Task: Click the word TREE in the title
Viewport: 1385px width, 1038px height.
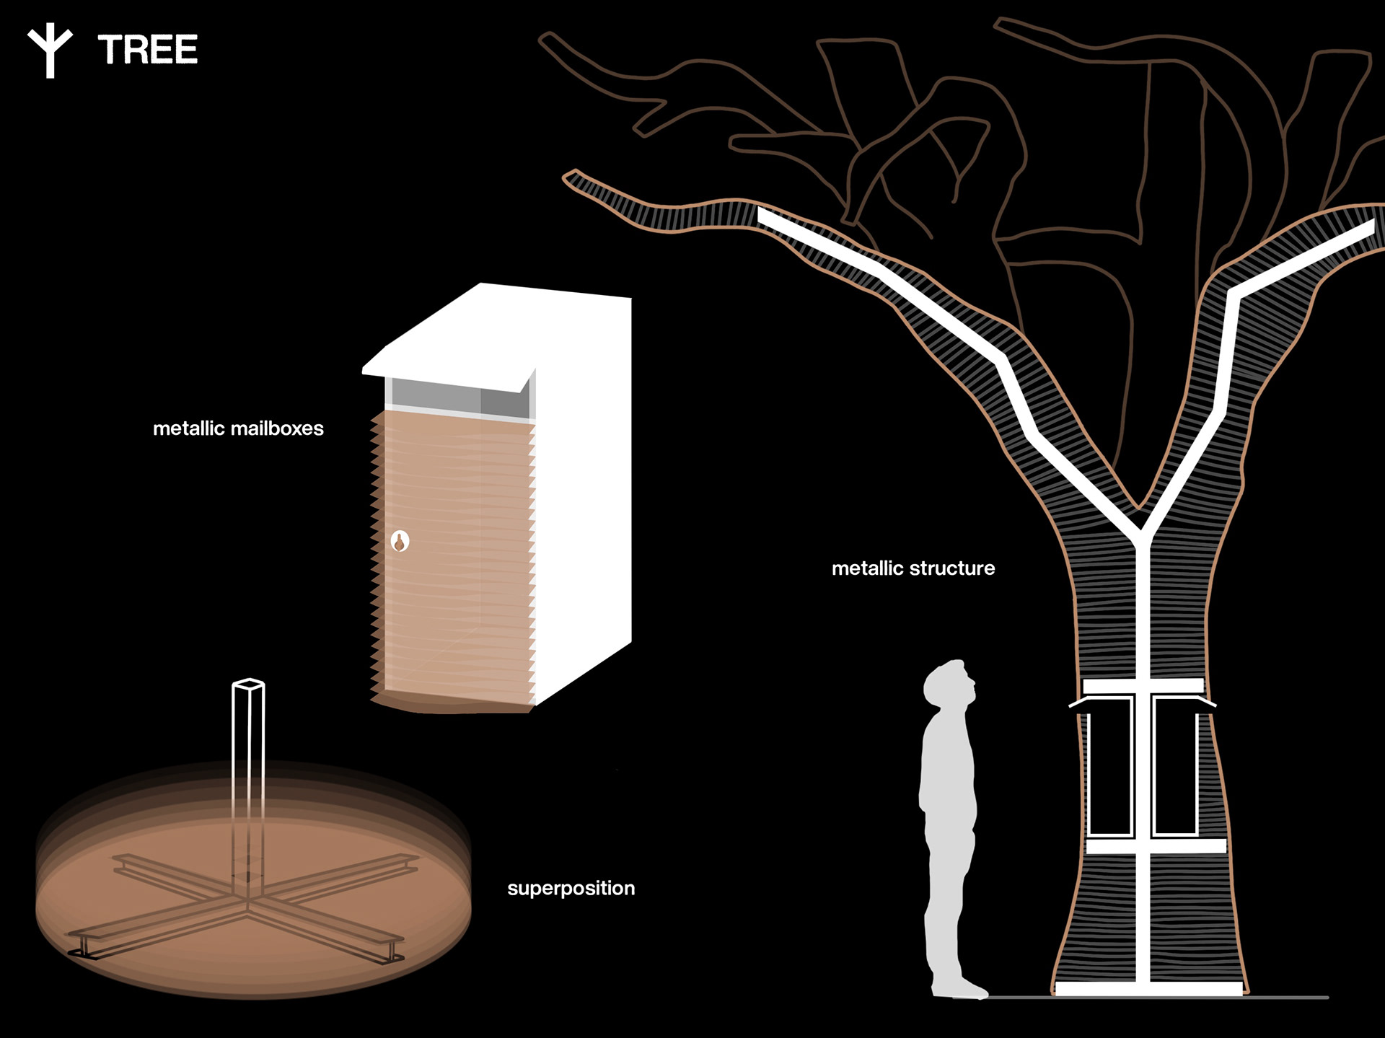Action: (148, 50)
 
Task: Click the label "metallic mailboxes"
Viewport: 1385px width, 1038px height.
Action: (238, 428)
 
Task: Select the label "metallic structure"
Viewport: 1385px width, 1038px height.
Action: (913, 568)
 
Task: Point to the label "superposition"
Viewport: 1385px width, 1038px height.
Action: (571, 888)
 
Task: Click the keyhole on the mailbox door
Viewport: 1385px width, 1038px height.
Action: (400, 541)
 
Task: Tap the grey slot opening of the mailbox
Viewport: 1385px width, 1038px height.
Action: (459, 399)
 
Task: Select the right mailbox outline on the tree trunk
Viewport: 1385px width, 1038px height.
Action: (1176, 765)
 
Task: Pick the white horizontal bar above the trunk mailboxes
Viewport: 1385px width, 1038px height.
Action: (1143, 686)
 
